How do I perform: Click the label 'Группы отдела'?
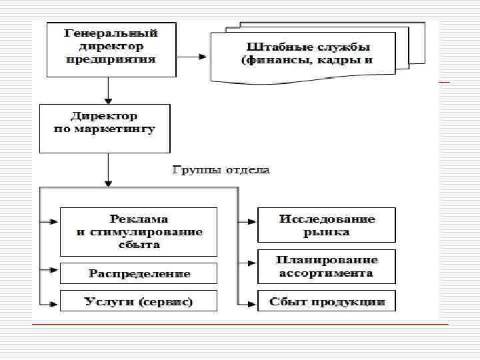221,170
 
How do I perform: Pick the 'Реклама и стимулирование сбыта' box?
139,231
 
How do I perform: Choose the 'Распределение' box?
139,273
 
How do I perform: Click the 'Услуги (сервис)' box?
139,301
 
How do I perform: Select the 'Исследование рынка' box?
327,225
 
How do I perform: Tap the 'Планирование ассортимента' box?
327,266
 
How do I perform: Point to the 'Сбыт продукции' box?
327,301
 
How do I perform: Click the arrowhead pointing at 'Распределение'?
55,271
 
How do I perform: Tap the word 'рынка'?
327,233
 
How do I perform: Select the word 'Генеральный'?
111,33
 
